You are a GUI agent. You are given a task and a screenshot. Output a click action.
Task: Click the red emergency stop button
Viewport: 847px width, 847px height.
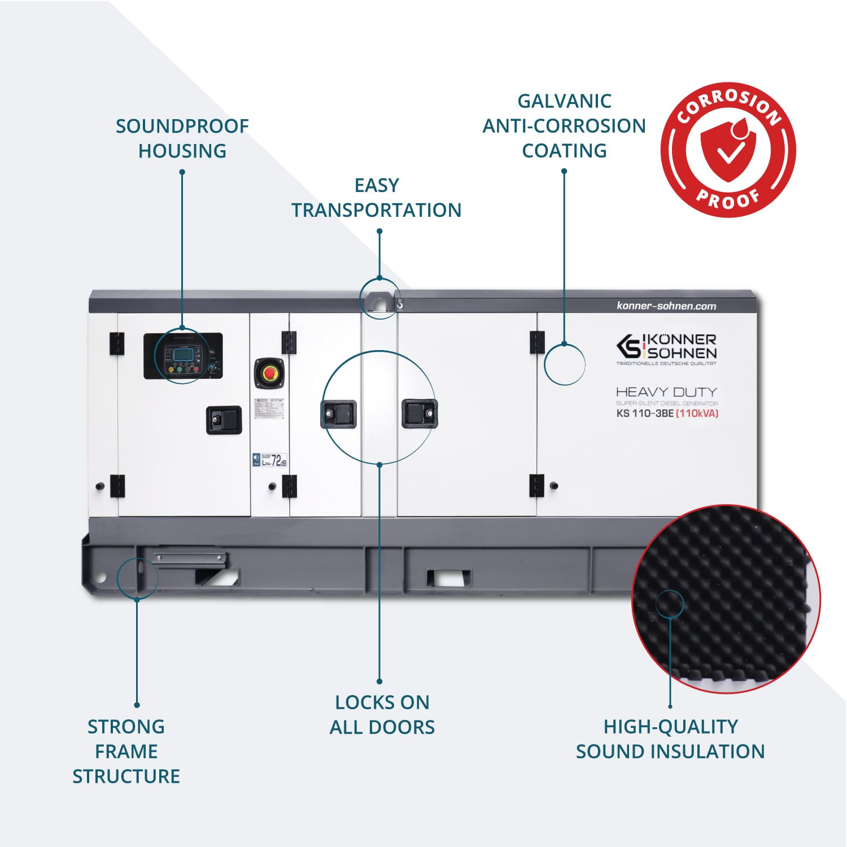point(270,373)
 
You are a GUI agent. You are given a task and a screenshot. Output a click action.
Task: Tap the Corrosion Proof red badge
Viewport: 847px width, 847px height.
point(728,150)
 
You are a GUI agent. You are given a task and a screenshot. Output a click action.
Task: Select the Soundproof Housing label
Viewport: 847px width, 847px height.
point(182,138)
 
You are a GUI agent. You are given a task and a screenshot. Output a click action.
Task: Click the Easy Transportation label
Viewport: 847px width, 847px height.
point(377,198)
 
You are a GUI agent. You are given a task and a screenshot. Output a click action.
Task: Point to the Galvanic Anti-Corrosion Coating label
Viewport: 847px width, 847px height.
point(564,126)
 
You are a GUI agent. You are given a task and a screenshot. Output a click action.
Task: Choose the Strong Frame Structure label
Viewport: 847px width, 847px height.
point(126,751)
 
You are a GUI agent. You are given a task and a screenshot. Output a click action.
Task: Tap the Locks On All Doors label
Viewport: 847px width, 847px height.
point(382,714)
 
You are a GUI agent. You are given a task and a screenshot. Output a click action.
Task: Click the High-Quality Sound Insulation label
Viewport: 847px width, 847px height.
point(670,739)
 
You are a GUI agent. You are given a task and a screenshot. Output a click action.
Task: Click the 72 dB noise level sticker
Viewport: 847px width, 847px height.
point(270,460)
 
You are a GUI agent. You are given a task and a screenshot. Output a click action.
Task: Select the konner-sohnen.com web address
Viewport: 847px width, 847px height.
point(666,306)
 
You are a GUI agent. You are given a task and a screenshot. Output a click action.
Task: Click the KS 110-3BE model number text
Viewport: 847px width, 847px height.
point(645,413)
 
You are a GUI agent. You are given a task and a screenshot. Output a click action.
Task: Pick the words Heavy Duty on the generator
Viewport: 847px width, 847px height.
point(666,391)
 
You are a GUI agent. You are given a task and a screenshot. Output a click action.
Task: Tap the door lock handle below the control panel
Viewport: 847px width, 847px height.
point(224,420)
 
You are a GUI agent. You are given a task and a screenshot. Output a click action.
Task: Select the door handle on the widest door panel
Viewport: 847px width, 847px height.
point(419,413)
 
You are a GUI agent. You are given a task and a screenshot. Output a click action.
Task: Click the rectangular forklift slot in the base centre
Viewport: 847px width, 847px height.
point(449,578)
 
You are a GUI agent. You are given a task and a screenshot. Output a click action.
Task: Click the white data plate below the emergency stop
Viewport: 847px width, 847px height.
point(269,409)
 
